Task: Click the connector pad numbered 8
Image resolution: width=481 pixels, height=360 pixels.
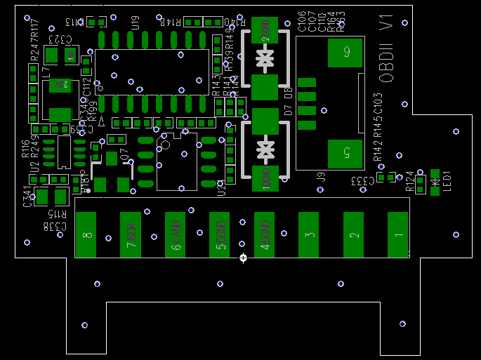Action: point(86,235)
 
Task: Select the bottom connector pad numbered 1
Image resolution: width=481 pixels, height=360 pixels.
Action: point(398,235)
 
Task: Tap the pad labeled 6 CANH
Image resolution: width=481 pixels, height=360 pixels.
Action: point(176,235)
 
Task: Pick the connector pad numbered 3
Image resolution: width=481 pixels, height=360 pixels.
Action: point(309,235)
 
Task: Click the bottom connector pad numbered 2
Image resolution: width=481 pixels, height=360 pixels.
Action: point(354,235)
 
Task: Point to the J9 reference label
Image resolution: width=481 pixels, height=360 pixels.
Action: point(320,178)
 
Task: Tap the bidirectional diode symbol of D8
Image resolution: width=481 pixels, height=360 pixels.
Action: point(265,58)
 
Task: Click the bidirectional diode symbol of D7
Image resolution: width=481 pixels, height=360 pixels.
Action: point(265,149)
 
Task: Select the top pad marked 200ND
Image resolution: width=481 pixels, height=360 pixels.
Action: point(265,31)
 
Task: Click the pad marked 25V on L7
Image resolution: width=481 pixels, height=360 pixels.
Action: point(60,85)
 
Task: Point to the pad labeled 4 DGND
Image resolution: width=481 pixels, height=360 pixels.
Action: point(265,235)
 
